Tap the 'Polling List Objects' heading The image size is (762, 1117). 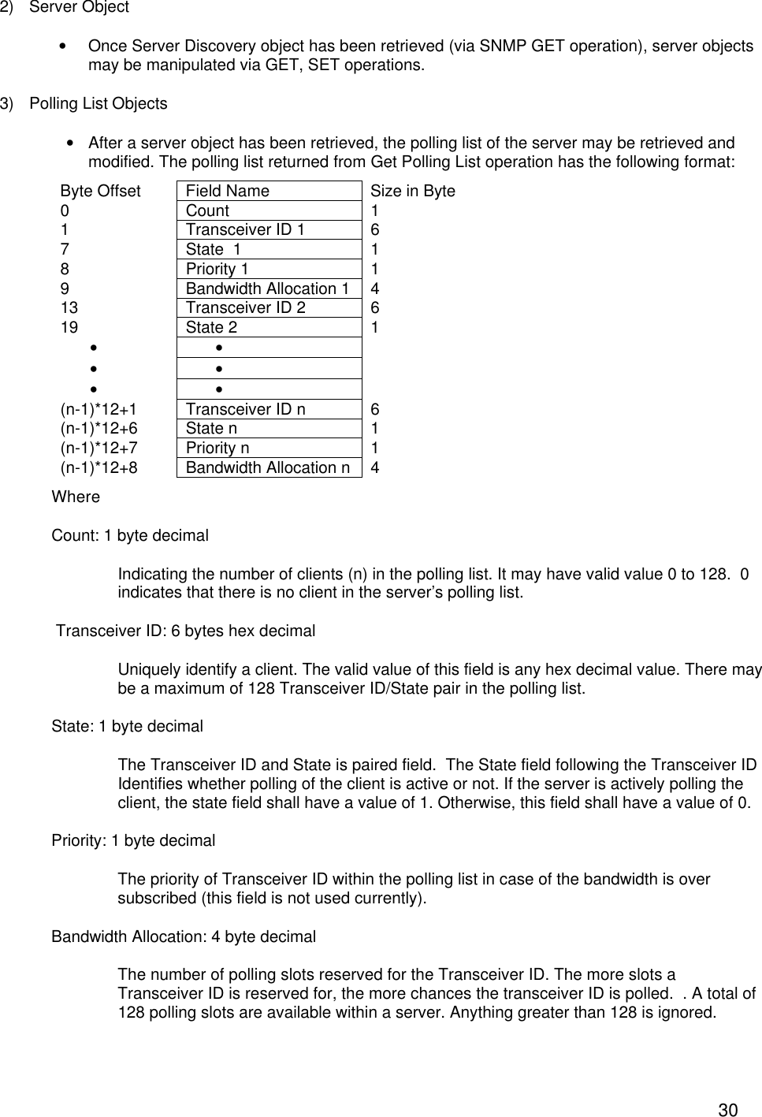(x=98, y=104)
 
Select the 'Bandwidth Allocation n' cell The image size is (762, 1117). (x=268, y=467)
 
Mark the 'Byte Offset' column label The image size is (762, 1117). (x=100, y=191)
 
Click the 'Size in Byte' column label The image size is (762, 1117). (x=412, y=191)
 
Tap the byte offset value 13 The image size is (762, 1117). (x=69, y=307)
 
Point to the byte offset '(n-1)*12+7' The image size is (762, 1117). (x=99, y=448)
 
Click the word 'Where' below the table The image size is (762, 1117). (x=76, y=497)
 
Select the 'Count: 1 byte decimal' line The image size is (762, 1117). (x=130, y=536)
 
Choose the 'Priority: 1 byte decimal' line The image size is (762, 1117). (x=133, y=840)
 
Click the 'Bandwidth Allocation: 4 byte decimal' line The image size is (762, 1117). (x=184, y=936)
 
